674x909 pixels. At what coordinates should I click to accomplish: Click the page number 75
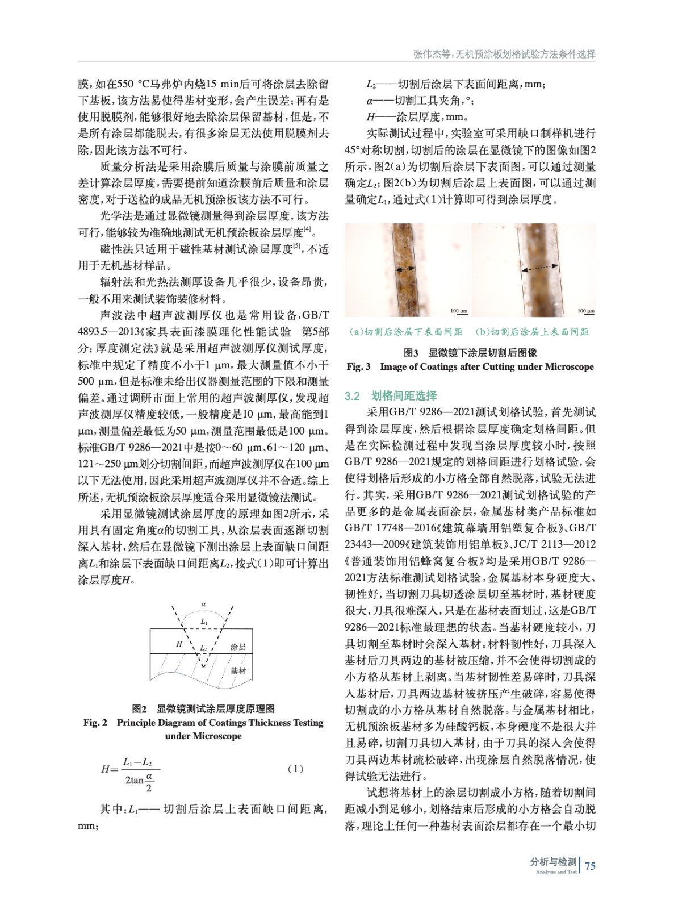tap(590, 866)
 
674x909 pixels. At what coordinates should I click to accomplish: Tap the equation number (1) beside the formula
tap(295, 769)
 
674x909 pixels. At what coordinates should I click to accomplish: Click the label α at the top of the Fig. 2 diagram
tap(203, 604)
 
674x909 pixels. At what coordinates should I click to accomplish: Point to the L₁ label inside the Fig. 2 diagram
tap(204, 622)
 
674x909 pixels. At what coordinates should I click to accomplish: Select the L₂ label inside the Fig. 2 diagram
tap(203, 648)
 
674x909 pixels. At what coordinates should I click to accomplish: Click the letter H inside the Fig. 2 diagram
tap(179, 644)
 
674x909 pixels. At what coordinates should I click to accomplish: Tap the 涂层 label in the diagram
tap(238, 647)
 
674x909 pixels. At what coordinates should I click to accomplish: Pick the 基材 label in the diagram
tap(238, 671)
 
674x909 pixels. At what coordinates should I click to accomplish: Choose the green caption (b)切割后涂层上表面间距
tap(532, 332)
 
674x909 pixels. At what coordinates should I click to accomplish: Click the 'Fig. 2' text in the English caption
tap(95, 723)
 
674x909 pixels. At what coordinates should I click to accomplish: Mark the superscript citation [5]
tap(296, 245)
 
